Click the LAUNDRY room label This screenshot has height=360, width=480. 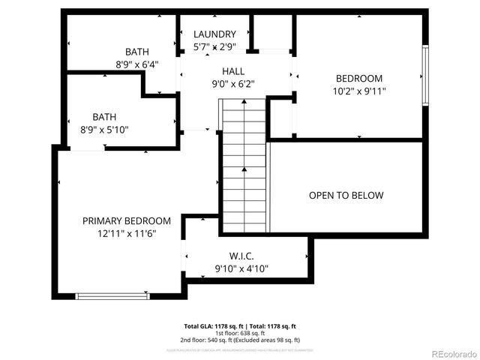[214, 34]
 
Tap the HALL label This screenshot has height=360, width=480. [233, 71]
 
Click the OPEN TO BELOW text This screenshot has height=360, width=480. [346, 195]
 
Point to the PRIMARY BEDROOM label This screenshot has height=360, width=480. [126, 221]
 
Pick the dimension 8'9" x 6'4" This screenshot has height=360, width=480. [136, 64]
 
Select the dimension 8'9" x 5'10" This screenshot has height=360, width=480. [104, 129]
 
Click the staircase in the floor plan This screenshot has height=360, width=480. [244, 169]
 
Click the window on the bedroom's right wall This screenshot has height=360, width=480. [425, 75]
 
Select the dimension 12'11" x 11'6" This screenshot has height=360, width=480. [126, 234]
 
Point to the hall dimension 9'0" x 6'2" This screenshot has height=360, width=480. [233, 84]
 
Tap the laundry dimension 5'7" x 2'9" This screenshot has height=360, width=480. [214, 46]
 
